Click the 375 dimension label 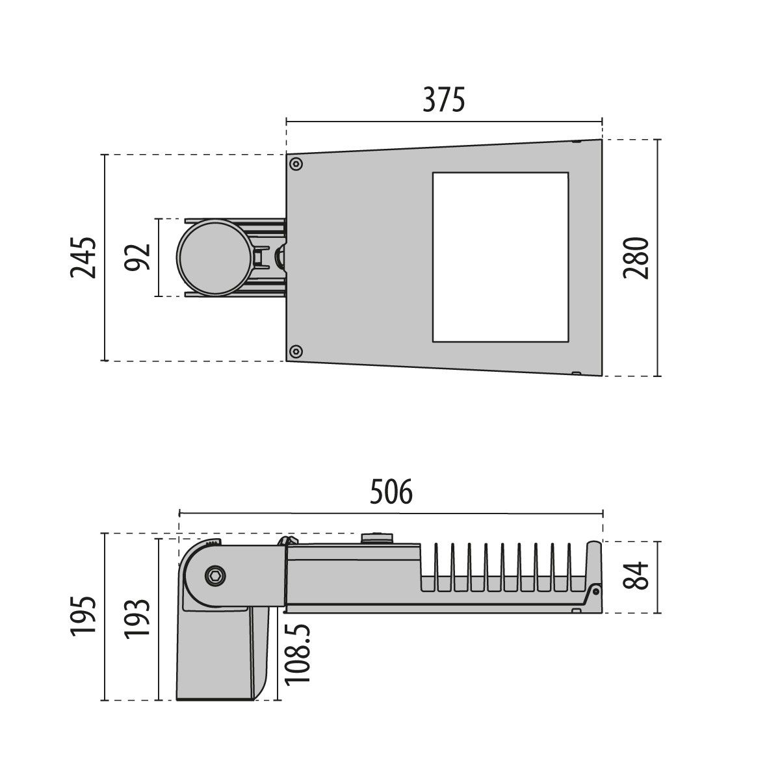pos(444,101)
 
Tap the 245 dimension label pos(84,258)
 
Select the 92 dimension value pos(138,257)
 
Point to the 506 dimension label pos(391,493)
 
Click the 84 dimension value pos(640,576)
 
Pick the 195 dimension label pos(84,616)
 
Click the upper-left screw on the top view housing pos(296,163)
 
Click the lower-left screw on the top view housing pos(296,352)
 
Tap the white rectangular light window pos(499,257)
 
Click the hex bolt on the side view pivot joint pos(214,576)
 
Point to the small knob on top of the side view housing pos(377,537)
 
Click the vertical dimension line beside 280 pos(658,258)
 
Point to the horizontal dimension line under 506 pos(391,513)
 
